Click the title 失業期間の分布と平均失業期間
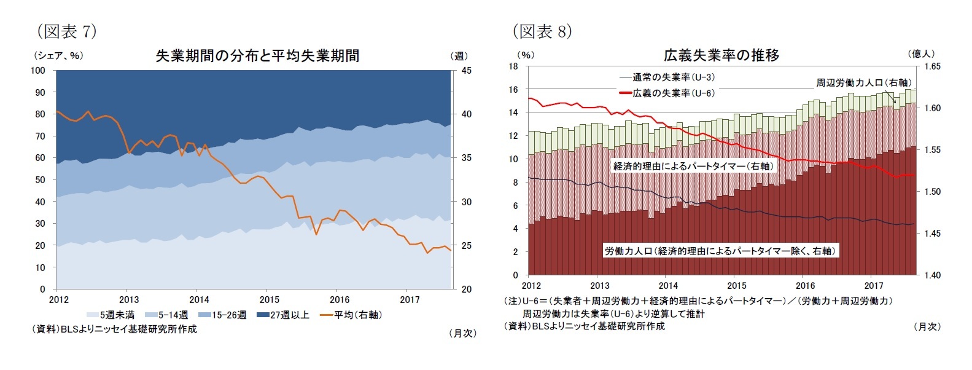(x=257, y=56)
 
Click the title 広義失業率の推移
(x=721, y=56)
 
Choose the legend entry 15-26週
(x=225, y=315)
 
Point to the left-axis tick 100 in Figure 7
(x=38, y=71)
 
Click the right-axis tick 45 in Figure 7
(x=466, y=71)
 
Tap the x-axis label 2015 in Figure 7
(x=270, y=300)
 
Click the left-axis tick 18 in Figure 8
(x=513, y=66)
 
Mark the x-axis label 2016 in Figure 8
(x=805, y=286)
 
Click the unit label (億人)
(x=920, y=54)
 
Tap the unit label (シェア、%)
(x=59, y=55)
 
